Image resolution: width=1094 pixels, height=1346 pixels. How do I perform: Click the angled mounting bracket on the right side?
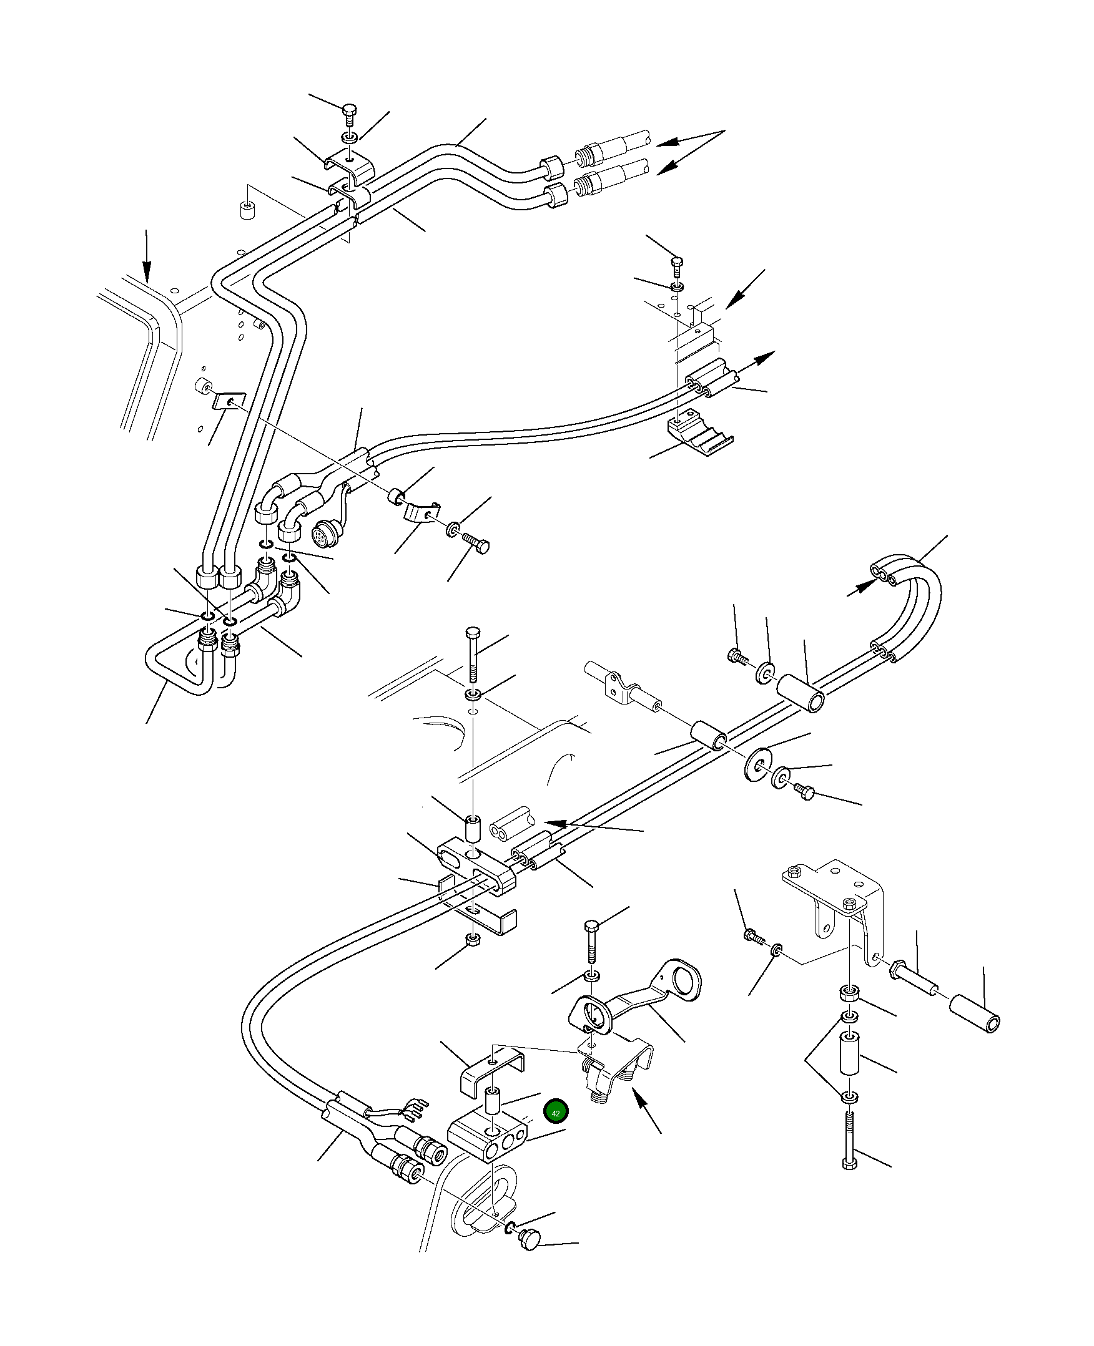point(838,894)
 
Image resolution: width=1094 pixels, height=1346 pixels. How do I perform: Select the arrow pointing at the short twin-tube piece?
point(593,826)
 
